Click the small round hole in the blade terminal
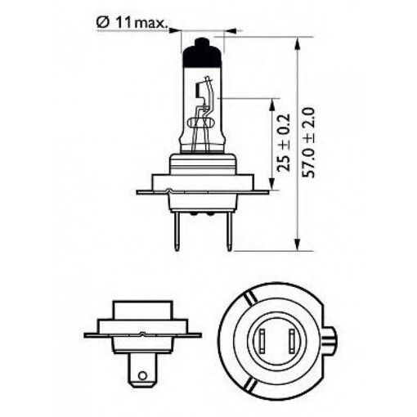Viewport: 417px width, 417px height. point(145,377)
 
